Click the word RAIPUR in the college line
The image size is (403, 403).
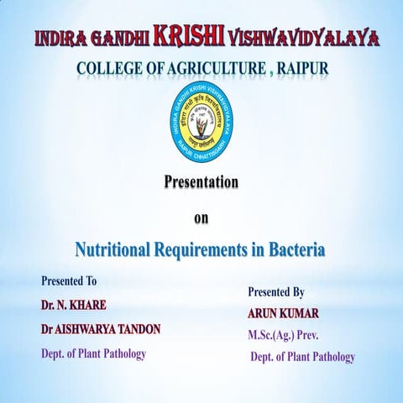click(x=296, y=67)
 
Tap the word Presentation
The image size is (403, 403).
click(x=201, y=181)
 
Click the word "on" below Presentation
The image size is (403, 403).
click(x=201, y=218)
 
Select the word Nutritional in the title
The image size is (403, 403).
click(x=113, y=249)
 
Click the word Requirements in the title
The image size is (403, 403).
click(x=206, y=249)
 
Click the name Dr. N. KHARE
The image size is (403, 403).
click(x=72, y=304)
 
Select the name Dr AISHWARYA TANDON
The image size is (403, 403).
click(x=100, y=329)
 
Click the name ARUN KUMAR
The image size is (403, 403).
click(x=284, y=313)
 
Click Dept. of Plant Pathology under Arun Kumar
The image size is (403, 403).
click(x=303, y=357)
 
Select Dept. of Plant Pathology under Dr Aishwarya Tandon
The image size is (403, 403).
click(x=93, y=353)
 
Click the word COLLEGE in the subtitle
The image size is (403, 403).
click(x=106, y=67)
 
